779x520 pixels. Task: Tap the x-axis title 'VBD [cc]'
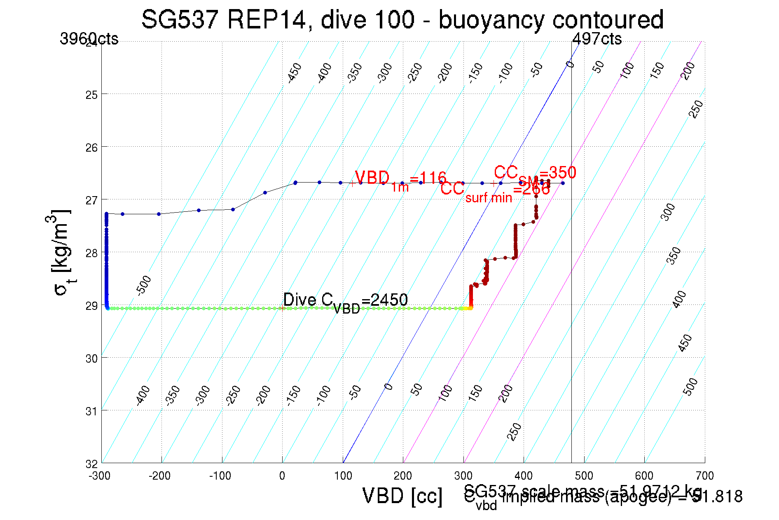[x=402, y=496]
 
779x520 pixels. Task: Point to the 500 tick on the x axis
[x=584, y=476]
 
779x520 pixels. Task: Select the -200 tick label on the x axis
[x=159, y=476]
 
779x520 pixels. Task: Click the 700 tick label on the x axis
[x=704, y=476]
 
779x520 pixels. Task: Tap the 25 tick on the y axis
[x=91, y=95]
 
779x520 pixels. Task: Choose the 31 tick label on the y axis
[x=91, y=411]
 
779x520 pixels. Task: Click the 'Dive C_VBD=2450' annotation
[x=345, y=301]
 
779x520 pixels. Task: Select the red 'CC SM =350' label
[x=535, y=173]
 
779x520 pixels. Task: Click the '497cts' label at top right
[x=597, y=39]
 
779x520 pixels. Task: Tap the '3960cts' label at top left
[x=89, y=39]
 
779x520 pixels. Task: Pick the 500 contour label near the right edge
[x=690, y=386]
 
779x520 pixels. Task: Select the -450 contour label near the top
[x=295, y=73]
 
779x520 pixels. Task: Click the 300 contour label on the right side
[x=668, y=212]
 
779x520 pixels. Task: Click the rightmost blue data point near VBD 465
[x=563, y=183]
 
